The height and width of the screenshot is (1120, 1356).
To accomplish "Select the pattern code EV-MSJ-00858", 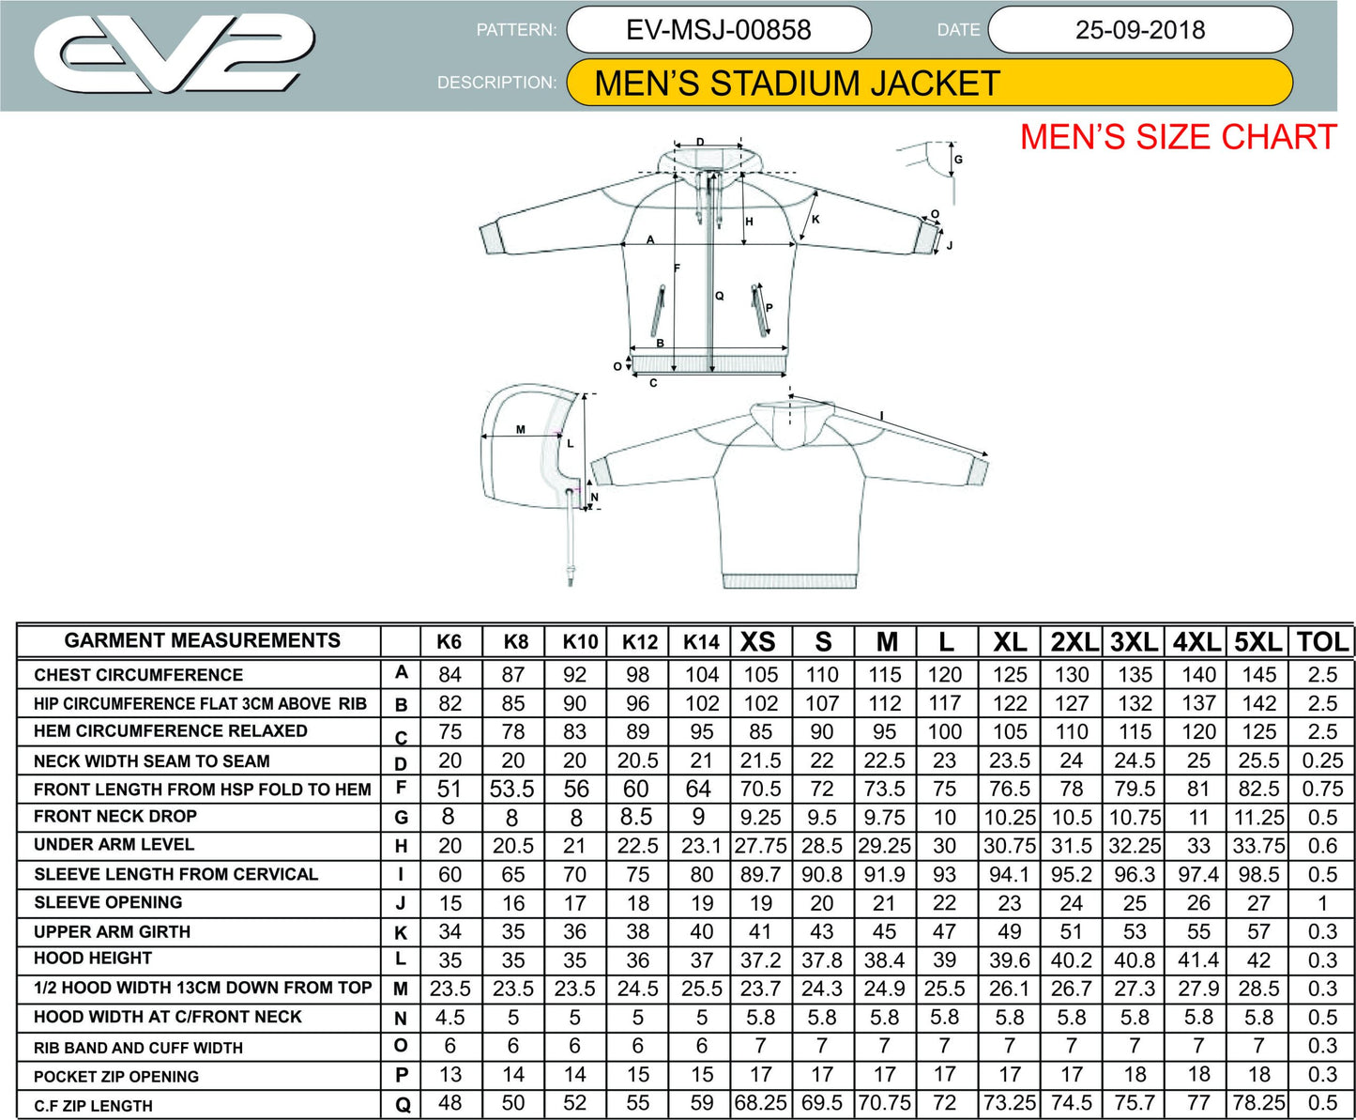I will pos(718,30).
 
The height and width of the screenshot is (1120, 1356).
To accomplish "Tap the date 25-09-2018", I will pos(1140,30).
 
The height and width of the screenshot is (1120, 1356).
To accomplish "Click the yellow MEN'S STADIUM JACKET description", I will pos(797,84).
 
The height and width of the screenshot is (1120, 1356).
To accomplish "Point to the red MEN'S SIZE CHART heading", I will pos(1178,138).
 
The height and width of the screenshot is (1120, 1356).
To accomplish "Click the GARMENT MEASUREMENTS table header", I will pos(202,641).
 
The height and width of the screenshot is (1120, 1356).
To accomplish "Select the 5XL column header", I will pos(1257,642).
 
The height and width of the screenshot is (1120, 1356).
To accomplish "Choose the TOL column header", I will pos(1321,642).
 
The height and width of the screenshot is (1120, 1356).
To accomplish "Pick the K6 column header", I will pos(449,642).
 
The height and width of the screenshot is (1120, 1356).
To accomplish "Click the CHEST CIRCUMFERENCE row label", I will pos(138,675).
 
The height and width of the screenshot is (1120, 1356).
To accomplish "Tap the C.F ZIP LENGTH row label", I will pos(93,1106).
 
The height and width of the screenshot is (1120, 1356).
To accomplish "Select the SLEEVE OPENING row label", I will pos(108,903).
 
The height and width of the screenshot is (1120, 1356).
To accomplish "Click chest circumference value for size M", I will pos(884,675).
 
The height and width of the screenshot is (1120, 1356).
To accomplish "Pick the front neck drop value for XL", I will pos(1009,818).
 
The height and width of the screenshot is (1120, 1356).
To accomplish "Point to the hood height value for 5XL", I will pos(1258,960).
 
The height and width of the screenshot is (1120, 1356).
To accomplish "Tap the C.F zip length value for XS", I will pos(760,1103).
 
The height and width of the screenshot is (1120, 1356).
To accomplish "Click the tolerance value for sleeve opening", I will pos(1321,903).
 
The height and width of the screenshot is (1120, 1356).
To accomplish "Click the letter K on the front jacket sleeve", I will pos(815,220).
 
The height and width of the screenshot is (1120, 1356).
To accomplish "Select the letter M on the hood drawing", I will pos(521,430).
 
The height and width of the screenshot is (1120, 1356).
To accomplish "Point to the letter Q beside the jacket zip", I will pos(720,296).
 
